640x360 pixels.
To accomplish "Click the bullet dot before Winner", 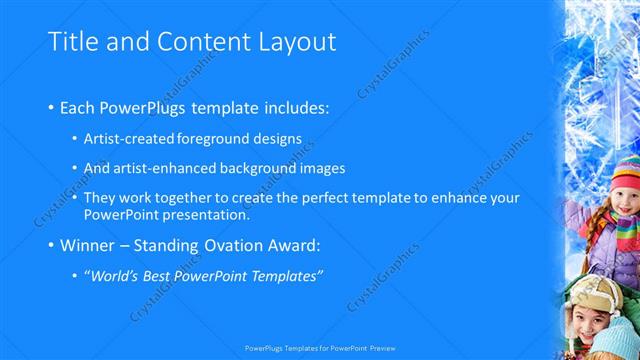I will (x=52, y=245).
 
